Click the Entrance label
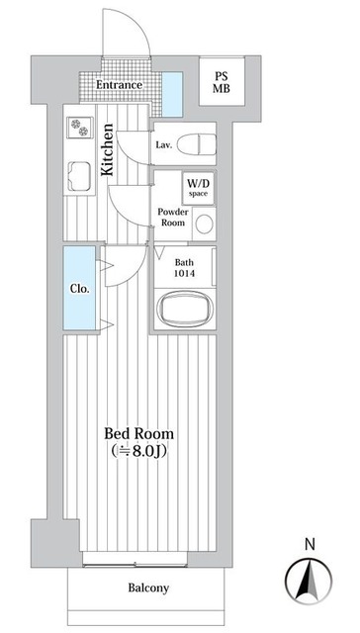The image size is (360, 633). (119, 85)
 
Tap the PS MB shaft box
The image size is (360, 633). (222, 82)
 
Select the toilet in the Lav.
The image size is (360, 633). (197, 144)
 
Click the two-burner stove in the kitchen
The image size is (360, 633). (79, 128)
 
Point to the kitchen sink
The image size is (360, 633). (79, 176)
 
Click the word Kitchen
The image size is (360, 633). (108, 149)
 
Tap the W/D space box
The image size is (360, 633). (198, 189)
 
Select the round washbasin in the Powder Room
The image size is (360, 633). (205, 224)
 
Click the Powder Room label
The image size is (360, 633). (171, 218)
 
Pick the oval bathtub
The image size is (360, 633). (185, 309)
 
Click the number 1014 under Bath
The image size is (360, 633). (184, 273)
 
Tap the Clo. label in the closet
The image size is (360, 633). (79, 289)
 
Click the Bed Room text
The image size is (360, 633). (139, 433)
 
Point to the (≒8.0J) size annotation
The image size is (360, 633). (139, 451)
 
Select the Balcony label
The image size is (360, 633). (148, 588)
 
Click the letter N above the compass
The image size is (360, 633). (310, 545)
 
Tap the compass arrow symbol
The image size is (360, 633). (309, 581)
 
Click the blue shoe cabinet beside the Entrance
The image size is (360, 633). (172, 94)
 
